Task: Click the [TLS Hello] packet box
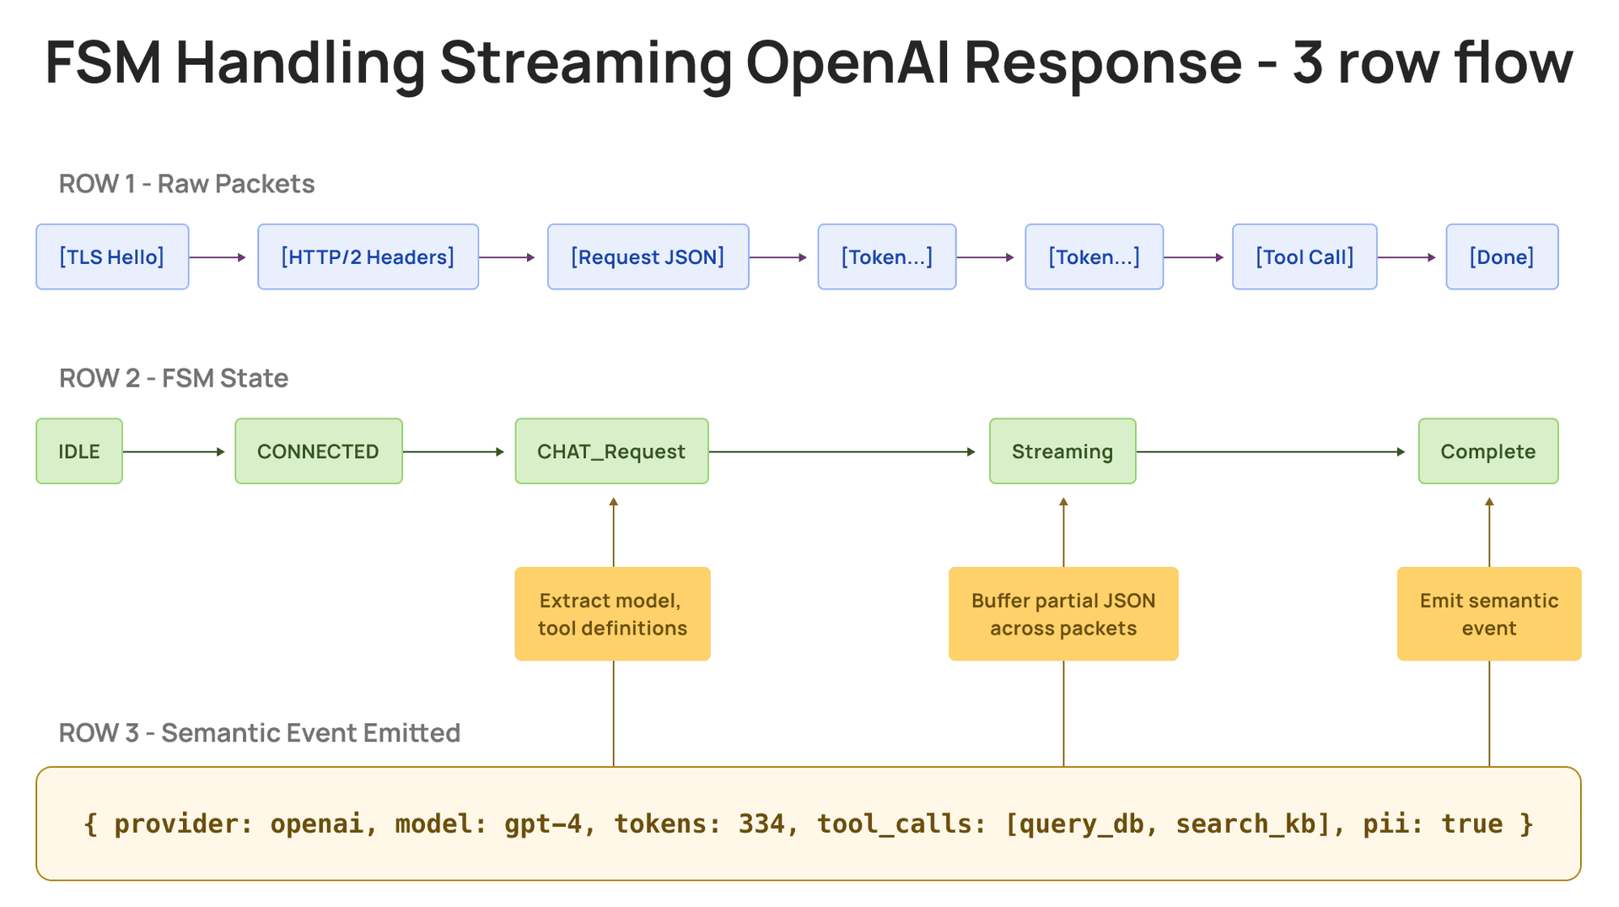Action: click(112, 256)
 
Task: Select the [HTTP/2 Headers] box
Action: click(368, 256)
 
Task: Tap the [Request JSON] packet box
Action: click(648, 256)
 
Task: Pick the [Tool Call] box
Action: click(1304, 256)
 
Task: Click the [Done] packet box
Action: click(1502, 256)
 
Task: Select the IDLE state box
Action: click(79, 451)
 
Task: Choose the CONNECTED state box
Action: click(319, 451)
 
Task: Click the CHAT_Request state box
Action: click(611, 451)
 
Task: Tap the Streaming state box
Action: click(1062, 451)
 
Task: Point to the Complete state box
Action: click(1488, 451)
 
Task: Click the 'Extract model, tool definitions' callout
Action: click(612, 613)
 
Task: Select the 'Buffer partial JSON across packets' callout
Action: click(1063, 613)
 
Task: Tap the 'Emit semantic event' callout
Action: click(1489, 613)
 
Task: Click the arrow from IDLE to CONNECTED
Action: click(174, 451)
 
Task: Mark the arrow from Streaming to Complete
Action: click(1271, 451)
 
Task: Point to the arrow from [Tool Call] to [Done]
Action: click(1407, 257)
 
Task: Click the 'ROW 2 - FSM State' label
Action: click(174, 378)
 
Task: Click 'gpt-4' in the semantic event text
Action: click(543, 823)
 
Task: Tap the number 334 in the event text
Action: click(761, 823)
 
